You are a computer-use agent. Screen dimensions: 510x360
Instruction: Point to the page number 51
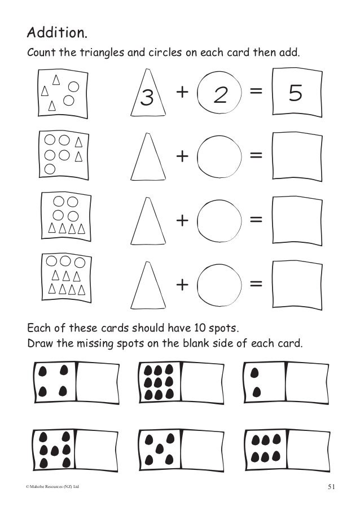click(331, 487)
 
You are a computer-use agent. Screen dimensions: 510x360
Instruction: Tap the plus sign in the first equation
click(182, 91)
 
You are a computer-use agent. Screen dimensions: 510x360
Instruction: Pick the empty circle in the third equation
click(219, 220)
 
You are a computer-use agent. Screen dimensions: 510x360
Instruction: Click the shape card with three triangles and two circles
click(62, 94)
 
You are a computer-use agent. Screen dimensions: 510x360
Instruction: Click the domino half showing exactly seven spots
click(54, 450)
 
